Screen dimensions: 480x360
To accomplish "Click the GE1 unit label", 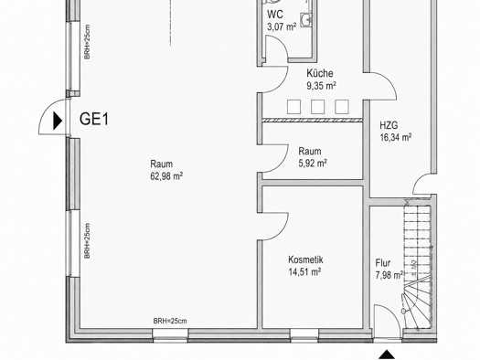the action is click(x=94, y=119).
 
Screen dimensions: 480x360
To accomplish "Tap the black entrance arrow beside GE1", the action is click(x=58, y=121).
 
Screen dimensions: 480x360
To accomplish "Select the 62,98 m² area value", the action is click(x=166, y=176).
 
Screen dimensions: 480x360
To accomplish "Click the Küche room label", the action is click(x=320, y=73).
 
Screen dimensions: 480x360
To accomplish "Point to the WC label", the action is click(x=275, y=15).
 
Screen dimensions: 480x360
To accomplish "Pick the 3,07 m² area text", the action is click(x=282, y=26).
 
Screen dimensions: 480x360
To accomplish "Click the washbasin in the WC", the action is click(x=305, y=20).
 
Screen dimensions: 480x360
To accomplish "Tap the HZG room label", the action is click(x=389, y=125).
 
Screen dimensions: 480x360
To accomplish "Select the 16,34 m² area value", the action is click(x=396, y=138).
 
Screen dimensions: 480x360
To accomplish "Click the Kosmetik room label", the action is click(x=305, y=259).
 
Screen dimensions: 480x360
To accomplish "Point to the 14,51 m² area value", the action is click(x=304, y=271).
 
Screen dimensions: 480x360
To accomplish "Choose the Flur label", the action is click(x=383, y=263).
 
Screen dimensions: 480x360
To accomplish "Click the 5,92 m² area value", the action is click(x=313, y=164).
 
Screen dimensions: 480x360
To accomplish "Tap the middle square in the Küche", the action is click(x=318, y=107).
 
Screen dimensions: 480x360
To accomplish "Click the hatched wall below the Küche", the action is click(x=313, y=121).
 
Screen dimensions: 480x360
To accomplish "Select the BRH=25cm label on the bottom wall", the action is click(x=170, y=321).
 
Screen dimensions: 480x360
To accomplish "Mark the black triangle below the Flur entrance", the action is click(x=387, y=355).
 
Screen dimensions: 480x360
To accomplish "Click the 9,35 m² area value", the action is click(x=322, y=86).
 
